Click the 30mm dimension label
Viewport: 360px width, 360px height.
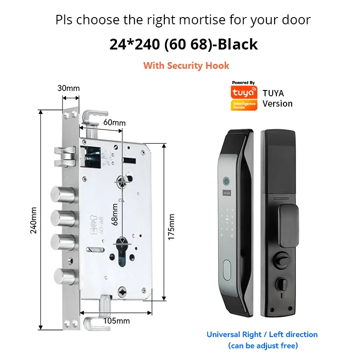68,88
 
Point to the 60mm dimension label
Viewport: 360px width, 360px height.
114,122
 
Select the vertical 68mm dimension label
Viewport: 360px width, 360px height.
115,214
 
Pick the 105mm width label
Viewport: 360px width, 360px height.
117,320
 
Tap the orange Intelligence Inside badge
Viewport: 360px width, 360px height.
243,105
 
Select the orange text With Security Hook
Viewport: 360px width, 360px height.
186,66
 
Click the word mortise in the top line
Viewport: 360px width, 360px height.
194,20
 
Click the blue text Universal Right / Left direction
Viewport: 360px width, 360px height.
262,334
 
